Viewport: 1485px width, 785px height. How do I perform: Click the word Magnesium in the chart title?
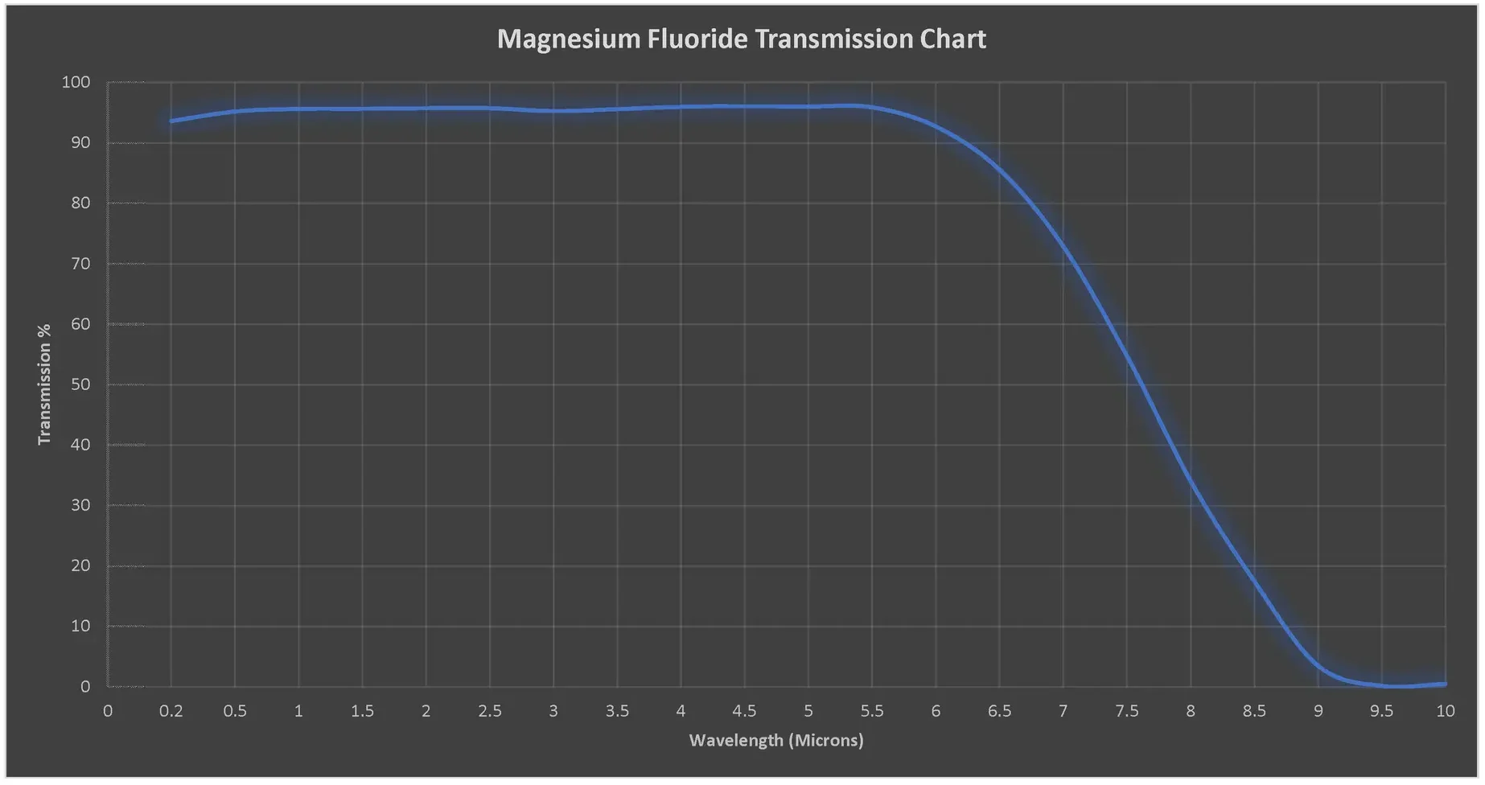point(569,39)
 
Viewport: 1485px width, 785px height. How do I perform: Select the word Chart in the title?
point(952,39)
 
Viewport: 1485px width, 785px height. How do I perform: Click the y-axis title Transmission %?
point(44,384)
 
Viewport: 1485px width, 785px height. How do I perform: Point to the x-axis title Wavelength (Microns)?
point(775,740)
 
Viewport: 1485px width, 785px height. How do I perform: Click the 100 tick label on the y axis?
point(76,82)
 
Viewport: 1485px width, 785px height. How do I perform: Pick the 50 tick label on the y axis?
point(80,384)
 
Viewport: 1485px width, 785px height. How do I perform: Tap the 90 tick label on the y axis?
point(80,142)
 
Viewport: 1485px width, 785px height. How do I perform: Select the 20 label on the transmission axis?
point(80,565)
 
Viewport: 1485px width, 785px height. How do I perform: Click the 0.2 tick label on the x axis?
point(171,711)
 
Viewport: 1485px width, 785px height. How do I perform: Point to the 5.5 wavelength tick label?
point(871,711)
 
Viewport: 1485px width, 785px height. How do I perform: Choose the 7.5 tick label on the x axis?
point(1126,711)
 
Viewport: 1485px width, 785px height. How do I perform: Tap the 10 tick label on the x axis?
point(1445,711)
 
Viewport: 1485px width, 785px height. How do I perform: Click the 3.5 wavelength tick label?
point(617,711)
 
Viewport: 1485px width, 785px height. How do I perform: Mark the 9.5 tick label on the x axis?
point(1381,711)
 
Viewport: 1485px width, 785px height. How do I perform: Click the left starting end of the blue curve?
point(171,121)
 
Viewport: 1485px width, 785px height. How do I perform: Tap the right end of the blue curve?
point(1445,684)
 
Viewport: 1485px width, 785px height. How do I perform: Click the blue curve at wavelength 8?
point(1191,483)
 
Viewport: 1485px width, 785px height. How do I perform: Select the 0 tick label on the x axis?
point(108,711)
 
